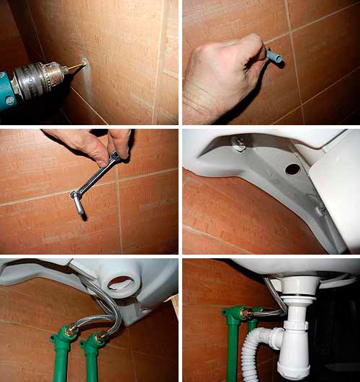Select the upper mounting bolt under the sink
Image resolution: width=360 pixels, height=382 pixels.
238,146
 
